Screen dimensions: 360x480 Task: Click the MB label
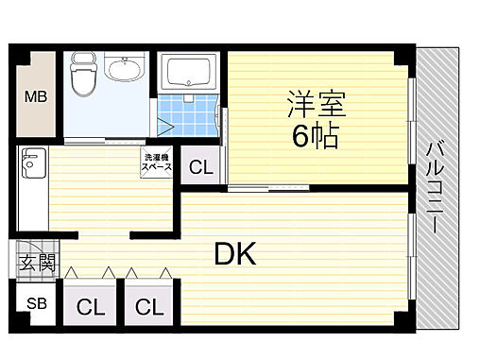coord(35,95)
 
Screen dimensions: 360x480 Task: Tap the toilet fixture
coord(82,79)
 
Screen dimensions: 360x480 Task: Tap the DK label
coord(234,252)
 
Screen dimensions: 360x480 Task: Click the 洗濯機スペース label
coord(156,162)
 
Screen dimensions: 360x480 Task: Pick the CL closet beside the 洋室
coord(201,169)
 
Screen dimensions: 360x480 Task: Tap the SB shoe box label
coord(35,304)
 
